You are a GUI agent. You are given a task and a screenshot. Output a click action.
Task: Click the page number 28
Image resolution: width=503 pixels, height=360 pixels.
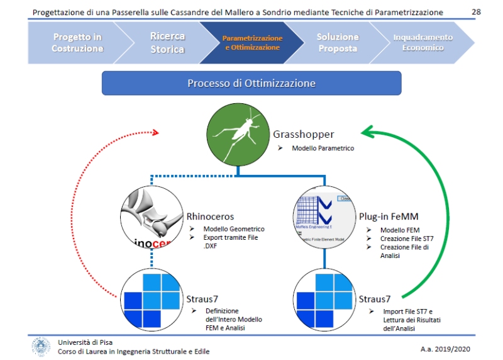475,11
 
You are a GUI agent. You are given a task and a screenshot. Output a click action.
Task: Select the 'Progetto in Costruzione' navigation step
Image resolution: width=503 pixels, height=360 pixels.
77,43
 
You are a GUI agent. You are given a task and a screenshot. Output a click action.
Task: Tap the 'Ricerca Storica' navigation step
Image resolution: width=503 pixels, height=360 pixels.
167,43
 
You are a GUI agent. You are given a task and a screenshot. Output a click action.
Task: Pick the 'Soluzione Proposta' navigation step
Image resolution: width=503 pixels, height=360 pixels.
338,43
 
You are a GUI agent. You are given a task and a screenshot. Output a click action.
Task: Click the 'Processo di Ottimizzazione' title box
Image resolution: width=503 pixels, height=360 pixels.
251,83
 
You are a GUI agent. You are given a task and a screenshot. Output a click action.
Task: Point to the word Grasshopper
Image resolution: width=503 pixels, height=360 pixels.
304,134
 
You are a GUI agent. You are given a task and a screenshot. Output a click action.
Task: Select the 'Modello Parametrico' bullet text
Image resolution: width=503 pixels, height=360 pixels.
323,149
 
